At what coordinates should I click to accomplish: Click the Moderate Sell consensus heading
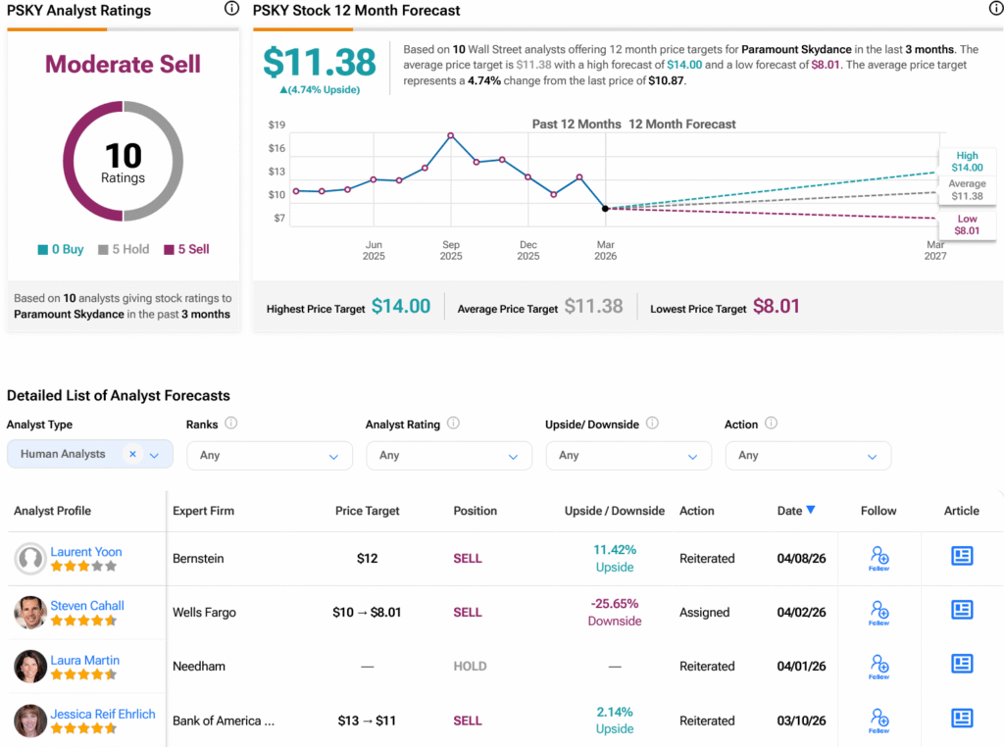123,64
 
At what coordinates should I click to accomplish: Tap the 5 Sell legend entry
186,249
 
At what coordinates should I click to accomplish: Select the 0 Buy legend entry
60,249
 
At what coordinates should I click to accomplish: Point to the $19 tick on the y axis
276,124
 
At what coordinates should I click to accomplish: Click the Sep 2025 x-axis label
451,250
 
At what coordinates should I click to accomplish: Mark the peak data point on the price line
451,135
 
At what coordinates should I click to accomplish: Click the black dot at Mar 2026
605,208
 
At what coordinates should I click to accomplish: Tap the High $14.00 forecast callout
967,162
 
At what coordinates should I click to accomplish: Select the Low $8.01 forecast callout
967,224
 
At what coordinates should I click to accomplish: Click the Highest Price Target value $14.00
401,306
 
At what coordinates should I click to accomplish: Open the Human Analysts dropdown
90,454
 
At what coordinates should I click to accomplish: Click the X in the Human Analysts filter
132,454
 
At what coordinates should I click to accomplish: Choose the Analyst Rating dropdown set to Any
449,456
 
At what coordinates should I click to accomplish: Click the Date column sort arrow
811,510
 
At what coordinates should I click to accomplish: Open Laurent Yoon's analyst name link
86,552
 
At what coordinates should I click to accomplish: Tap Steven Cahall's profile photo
30,613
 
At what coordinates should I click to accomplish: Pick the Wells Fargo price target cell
367,613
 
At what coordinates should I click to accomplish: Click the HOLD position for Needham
470,667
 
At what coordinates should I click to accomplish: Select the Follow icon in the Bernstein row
879,558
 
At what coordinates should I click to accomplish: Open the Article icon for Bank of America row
962,719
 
